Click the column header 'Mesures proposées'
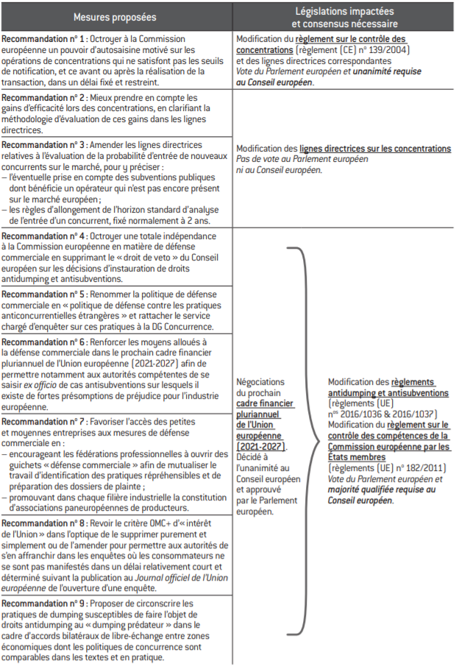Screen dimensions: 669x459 coord(117,16)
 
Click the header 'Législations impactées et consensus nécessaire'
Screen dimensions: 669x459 coord(344,16)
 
